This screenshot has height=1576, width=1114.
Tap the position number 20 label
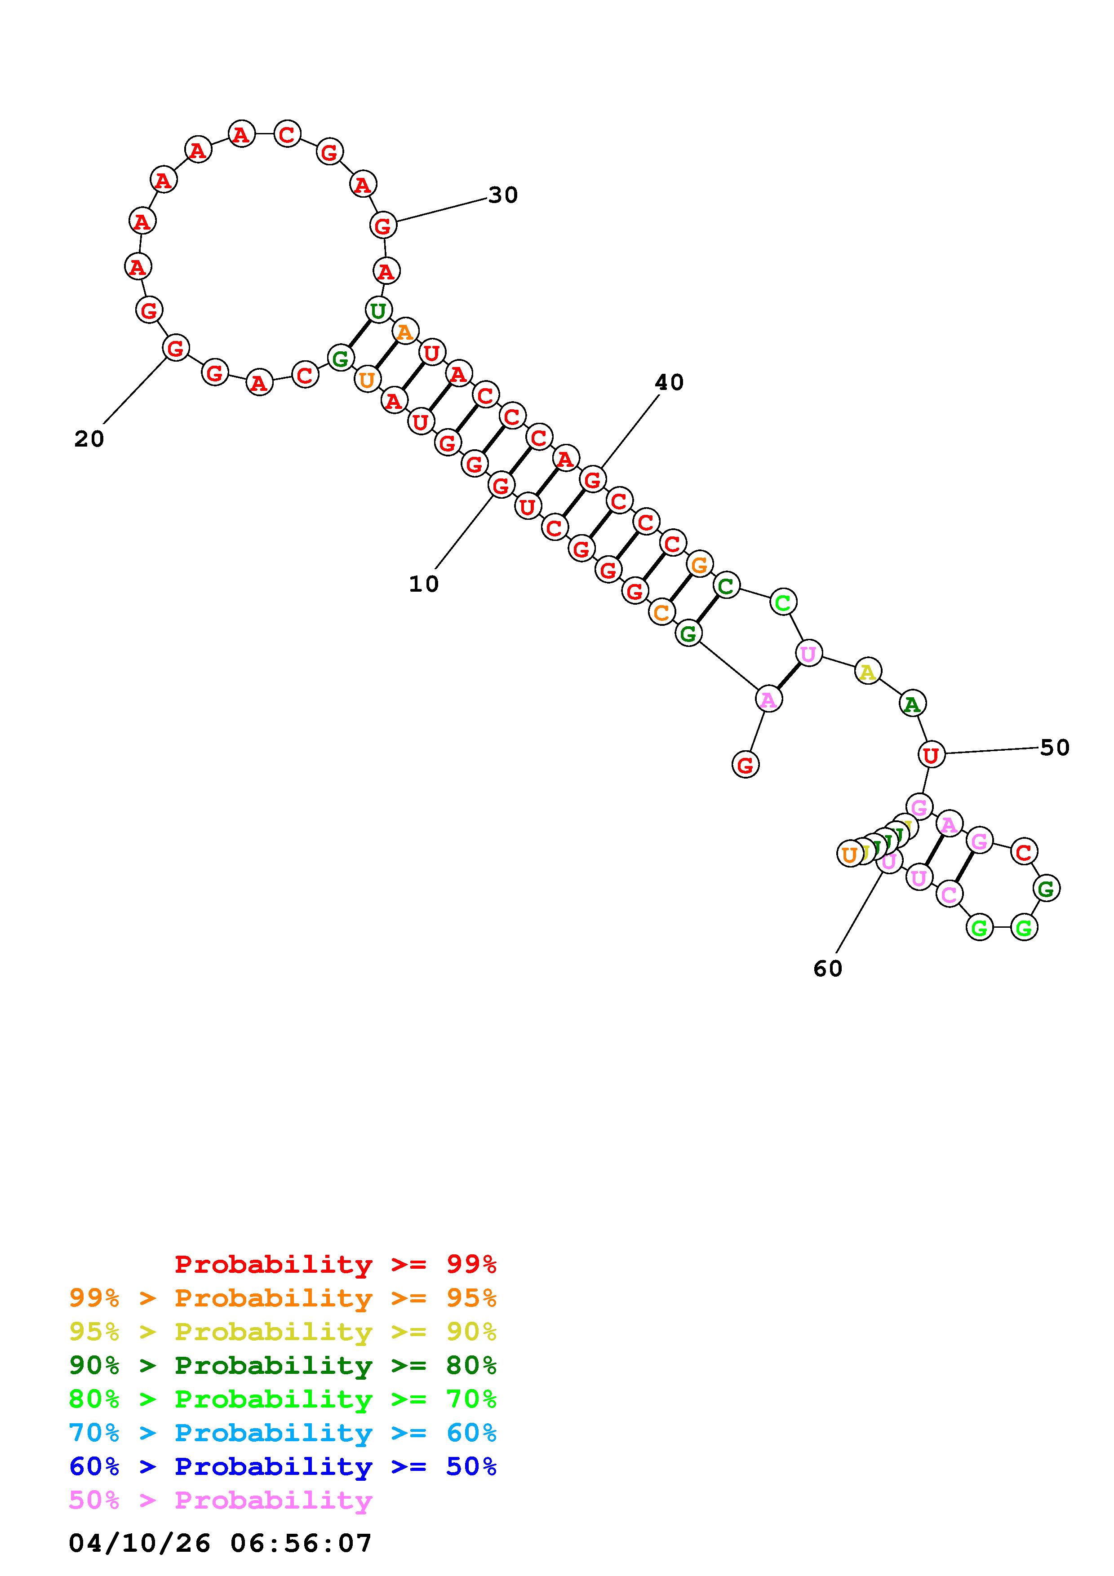(x=89, y=439)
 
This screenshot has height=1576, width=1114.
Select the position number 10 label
(x=423, y=584)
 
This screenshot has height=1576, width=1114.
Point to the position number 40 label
(x=669, y=382)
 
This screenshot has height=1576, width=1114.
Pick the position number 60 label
(x=827, y=969)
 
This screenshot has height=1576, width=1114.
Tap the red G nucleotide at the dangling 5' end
(x=746, y=764)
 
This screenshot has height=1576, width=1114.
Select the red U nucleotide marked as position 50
(x=931, y=755)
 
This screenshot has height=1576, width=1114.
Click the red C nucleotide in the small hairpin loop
(x=1023, y=852)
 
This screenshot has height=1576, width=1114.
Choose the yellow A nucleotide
(x=868, y=671)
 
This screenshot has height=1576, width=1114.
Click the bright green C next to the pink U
(x=782, y=602)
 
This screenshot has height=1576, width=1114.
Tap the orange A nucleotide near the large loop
(x=405, y=332)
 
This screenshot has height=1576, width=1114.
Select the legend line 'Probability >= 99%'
(x=335, y=1264)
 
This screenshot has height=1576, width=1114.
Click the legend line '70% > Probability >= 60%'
(x=283, y=1433)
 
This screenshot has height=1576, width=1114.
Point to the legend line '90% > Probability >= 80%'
(x=283, y=1365)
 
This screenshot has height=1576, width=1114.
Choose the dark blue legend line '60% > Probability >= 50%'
(x=283, y=1467)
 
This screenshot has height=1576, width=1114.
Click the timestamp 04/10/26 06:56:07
(x=220, y=1543)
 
